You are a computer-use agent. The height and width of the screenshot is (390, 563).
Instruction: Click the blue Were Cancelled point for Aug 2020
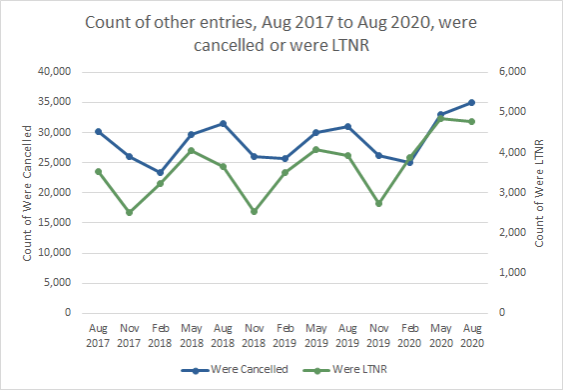471,102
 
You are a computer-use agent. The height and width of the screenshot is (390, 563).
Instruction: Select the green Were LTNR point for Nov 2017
129,212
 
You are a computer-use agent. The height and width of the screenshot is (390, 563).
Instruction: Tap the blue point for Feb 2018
160,172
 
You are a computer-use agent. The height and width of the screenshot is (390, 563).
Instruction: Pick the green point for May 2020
440,118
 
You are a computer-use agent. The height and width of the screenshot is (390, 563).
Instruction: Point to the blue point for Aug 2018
222,123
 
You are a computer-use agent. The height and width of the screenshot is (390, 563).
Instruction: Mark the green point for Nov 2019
378,203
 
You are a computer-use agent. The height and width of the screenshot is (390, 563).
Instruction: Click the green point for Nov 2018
254,211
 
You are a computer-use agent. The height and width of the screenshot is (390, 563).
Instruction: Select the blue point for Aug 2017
98,131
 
